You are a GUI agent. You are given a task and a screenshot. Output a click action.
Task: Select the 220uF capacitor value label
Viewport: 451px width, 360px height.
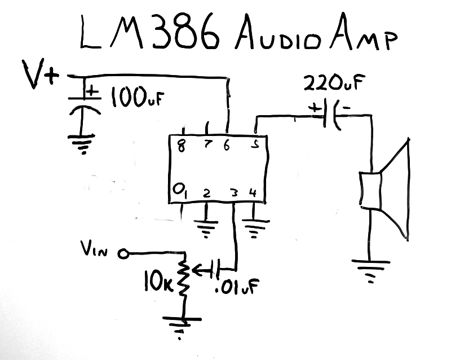pos(329,85)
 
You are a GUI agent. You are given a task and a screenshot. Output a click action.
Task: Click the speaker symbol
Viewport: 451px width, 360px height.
pos(383,189)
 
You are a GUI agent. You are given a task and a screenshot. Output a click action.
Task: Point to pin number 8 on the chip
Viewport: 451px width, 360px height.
pos(182,146)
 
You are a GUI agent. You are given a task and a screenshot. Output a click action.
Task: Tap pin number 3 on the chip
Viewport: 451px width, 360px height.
pos(232,194)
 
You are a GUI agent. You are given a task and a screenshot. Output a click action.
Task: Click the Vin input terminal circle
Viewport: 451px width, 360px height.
pos(122,255)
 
